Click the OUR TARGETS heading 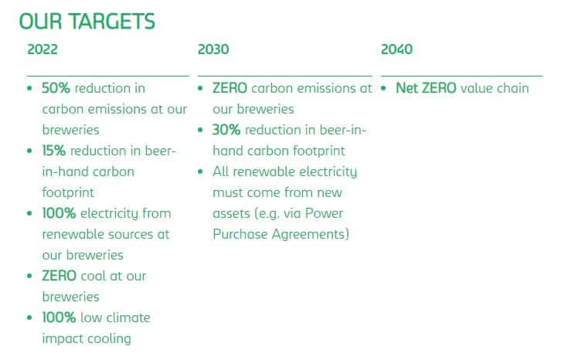87,22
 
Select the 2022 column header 43,49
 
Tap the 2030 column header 213,49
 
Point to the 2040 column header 396,49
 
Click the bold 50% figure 56,88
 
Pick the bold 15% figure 53,151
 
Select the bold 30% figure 226,130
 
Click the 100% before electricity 59,213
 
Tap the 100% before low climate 59,318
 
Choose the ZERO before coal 59,276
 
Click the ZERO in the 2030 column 230,88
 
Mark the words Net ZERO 426,88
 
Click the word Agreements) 311,234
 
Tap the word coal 93,276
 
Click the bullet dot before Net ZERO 383,88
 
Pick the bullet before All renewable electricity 200,172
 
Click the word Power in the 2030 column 324,213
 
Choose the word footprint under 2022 68,192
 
